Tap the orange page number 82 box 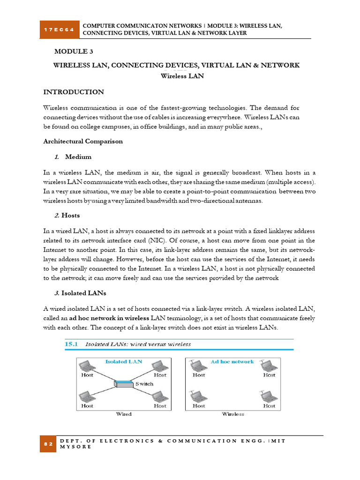(48, 443)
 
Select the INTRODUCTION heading (74, 92)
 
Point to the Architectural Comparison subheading (83, 141)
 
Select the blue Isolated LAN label (124, 361)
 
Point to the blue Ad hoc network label (232, 361)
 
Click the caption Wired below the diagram (124, 414)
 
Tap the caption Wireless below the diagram (233, 414)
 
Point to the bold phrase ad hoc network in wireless (109, 318)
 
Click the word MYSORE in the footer (76, 447)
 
